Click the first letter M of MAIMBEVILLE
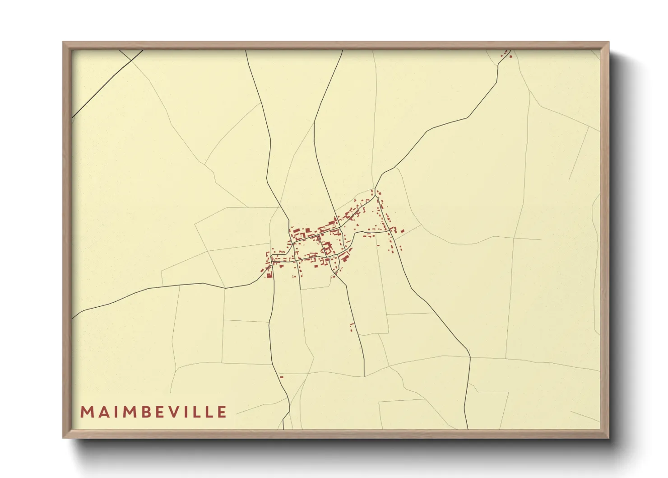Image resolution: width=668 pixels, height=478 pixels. pyautogui.click(x=86, y=412)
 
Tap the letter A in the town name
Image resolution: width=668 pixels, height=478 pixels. pyautogui.click(x=102, y=412)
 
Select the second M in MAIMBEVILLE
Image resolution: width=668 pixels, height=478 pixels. pyautogui.click(x=129, y=412)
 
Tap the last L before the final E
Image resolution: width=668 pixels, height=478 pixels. pyautogui.click(x=209, y=412)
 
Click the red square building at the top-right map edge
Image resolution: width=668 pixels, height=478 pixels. pyautogui.click(x=510, y=56)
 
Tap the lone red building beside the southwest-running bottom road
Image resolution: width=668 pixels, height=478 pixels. pyautogui.click(x=281, y=377)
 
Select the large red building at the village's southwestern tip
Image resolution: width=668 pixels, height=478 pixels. pyautogui.click(x=269, y=275)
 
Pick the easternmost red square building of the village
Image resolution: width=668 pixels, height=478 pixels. pyautogui.click(x=402, y=231)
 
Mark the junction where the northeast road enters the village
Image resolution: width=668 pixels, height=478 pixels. pyautogui.click(x=376, y=189)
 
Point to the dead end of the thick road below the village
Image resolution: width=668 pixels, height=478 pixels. pyautogui.click(x=364, y=376)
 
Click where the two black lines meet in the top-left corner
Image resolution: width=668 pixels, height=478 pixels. pyautogui.click(x=130, y=61)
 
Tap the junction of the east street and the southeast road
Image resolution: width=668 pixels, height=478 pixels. pyautogui.click(x=391, y=231)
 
